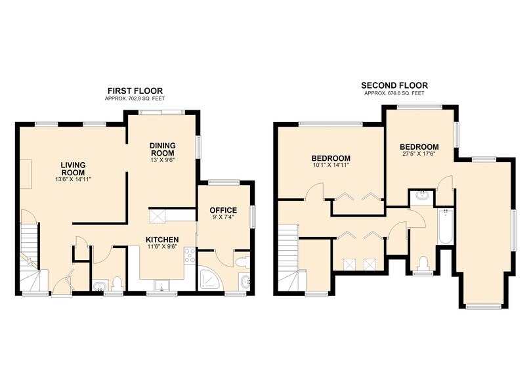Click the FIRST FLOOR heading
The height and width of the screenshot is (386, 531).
[135, 91]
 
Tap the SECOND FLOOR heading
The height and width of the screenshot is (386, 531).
[394, 85]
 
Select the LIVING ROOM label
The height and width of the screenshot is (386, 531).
[73, 169]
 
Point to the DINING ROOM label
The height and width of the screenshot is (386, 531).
[163, 149]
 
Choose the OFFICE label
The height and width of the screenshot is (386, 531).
[223, 210]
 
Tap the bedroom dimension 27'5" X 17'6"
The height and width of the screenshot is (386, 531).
[419, 153]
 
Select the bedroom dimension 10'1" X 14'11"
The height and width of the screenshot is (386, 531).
[330, 165]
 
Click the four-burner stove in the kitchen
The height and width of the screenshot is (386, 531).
[189, 255]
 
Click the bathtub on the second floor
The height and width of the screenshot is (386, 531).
[445, 226]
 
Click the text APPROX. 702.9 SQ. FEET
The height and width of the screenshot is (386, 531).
[135, 98]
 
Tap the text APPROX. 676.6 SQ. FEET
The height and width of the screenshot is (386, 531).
[394, 93]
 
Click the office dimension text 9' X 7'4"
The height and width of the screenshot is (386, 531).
[223, 217]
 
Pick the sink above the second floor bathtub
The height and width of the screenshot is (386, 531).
[421, 196]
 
